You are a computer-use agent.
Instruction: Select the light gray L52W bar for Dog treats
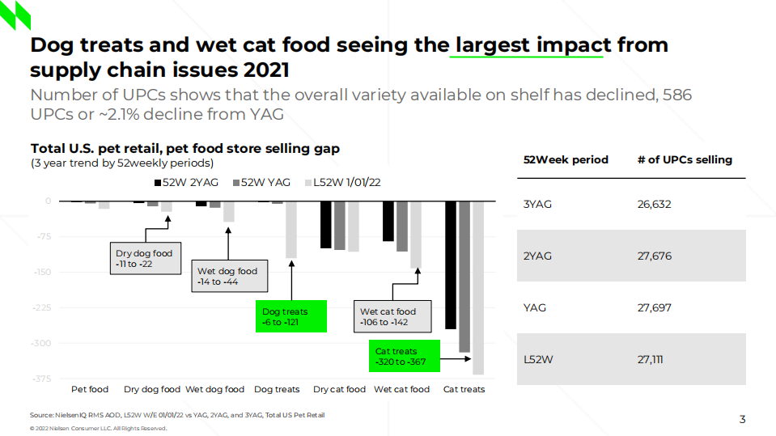(x=290, y=230)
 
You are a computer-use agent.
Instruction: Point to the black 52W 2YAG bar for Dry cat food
(x=325, y=225)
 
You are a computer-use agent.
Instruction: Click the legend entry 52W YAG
(x=261, y=183)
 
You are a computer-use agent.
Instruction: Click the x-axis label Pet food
(x=90, y=389)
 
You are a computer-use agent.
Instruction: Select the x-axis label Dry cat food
(x=339, y=389)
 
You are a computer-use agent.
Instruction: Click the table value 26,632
(x=654, y=205)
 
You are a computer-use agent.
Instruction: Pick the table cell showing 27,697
(x=654, y=308)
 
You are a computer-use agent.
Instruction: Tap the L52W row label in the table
(x=538, y=360)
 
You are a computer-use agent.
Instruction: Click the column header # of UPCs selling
(x=684, y=159)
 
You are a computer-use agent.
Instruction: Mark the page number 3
(x=742, y=419)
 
